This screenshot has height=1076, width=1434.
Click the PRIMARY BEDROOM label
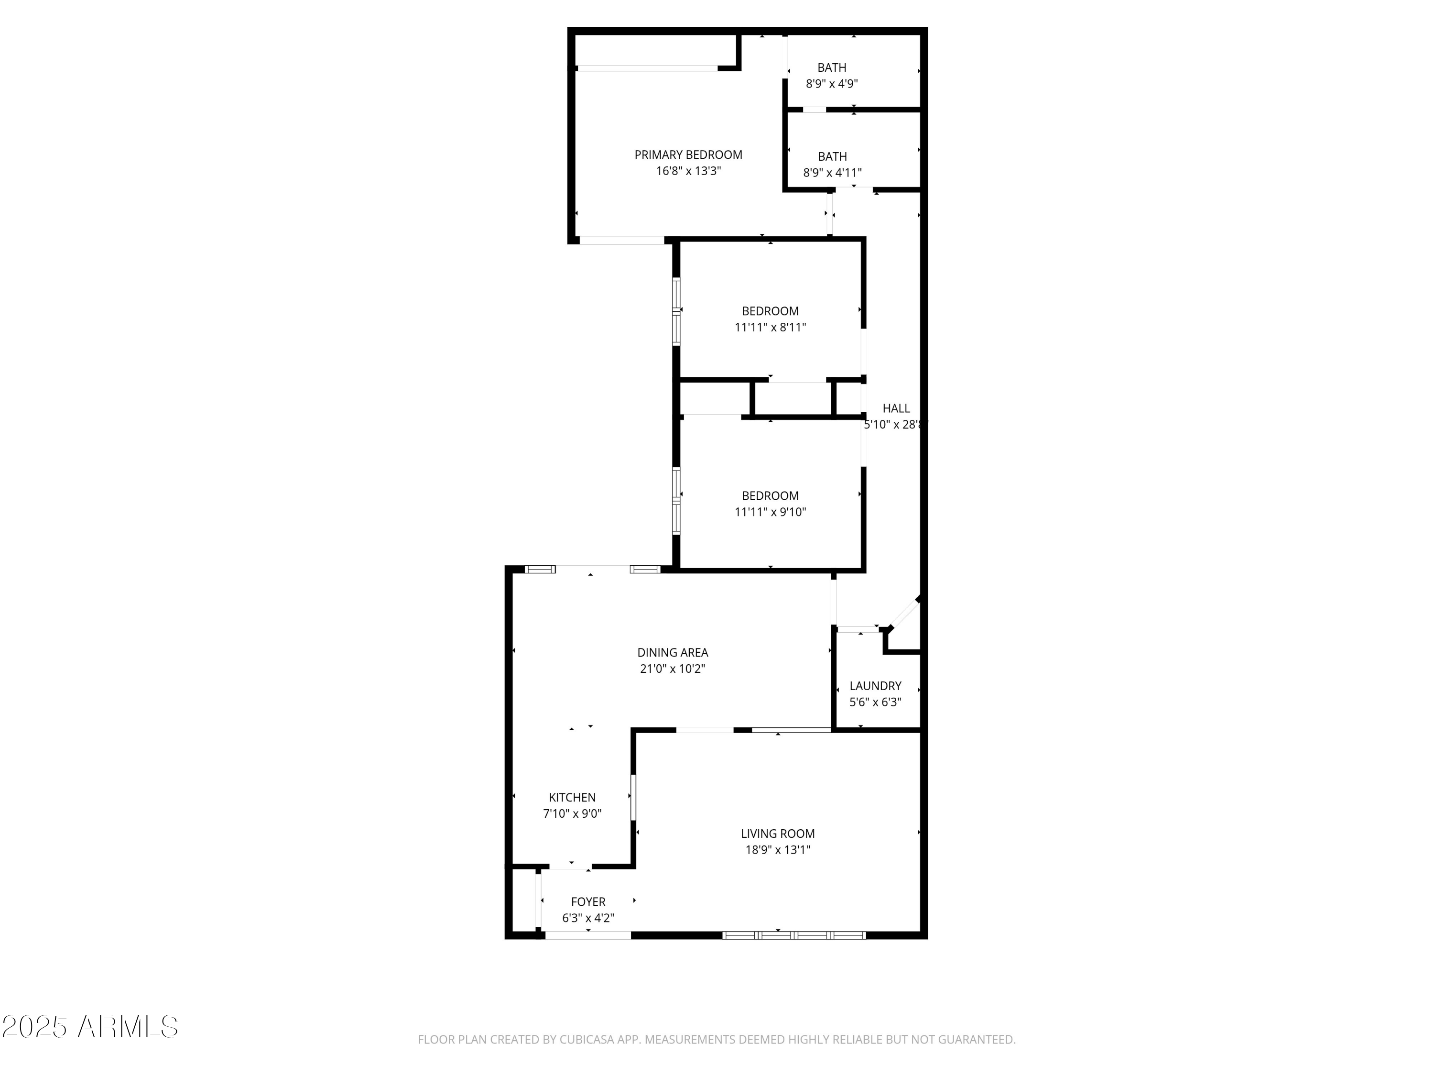click(x=688, y=155)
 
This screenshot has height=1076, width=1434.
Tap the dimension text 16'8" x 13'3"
click(x=688, y=171)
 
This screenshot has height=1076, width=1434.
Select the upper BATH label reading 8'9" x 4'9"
click(x=831, y=68)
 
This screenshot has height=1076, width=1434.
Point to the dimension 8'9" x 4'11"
click(x=832, y=173)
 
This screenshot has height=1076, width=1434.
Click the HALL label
click(x=896, y=408)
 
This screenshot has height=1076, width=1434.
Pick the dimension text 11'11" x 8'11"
click(x=770, y=328)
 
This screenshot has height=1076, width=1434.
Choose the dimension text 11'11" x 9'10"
click(x=770, y=512)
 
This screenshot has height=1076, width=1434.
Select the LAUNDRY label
click(x=875, y=686)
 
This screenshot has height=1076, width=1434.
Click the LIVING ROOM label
click(x=777, y=834)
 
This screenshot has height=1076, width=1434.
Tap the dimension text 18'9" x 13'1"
click(x=777, y=850)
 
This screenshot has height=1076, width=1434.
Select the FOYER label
click(x=588, y=902)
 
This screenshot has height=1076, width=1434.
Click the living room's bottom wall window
click(x=793, y=935)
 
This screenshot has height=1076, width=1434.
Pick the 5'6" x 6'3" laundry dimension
click(x=875, y=703)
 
